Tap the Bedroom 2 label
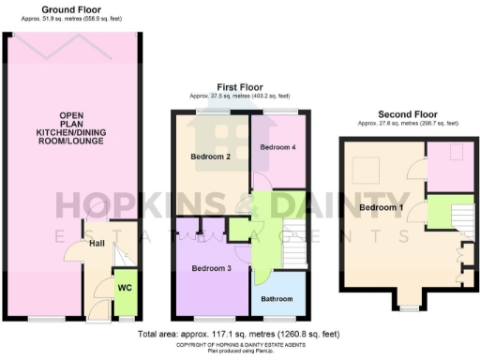(x=211, y=156)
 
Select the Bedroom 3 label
(x=211, y=267)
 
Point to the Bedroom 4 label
(x=278, y=148)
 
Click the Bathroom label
(x=277, y=299)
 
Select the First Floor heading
(x=239, y=86)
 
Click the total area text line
(x=239, y=333)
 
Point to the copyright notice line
(x=239, y=343)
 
